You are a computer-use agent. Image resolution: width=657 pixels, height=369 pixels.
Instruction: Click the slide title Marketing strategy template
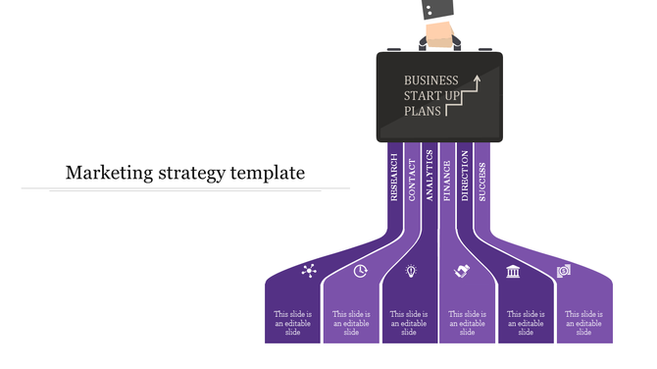tap(184, 174)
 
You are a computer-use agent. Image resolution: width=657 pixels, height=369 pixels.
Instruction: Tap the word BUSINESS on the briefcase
tap(430, 79)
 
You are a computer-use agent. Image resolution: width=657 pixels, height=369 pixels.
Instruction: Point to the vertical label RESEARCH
tap(394, 177)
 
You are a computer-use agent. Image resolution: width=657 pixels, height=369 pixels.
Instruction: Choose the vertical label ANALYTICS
tap(429, 175)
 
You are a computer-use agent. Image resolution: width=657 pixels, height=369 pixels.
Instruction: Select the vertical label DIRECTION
tap(465, 176)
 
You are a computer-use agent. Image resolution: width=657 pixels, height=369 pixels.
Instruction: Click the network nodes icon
tap(309, 271)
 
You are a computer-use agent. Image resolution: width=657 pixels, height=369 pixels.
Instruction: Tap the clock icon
tap(360, 271)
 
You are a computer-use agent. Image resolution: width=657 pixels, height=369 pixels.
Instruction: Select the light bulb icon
tap(412, 270)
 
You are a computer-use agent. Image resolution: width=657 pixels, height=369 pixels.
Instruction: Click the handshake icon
tap(462, 271)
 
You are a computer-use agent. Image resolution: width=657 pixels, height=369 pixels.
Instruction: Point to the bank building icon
tap(513, 271)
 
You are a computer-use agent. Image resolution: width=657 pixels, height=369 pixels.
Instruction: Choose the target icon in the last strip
tap(564, 271)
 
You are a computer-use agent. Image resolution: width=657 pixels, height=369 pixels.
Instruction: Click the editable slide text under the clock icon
tap(351, 323)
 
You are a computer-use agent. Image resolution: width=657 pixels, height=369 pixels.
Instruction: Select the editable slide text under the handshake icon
tap(468, 323)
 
